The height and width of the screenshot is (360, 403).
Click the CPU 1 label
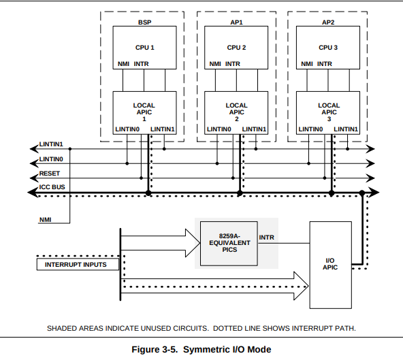(x=145, y=48)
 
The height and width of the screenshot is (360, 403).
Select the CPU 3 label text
(x=328, y=48)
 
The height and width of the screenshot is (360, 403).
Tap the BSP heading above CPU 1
(x=145, y=22)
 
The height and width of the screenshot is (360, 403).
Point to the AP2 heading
(x=328, y=22)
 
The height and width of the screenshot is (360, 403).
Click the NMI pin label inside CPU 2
(x=215, y=64)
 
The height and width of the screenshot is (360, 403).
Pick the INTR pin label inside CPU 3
(x=324, y=64)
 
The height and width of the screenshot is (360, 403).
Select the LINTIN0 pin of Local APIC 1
(x=127, y=129)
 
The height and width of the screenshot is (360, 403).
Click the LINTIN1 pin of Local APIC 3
(x=346, y=129)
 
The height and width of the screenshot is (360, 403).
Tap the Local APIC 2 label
(x=236, y=112)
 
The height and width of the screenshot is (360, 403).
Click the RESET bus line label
(x=49, y=174)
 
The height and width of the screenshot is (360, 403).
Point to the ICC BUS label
(x=52, y=187)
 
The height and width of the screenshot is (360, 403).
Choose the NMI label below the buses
(x=45, y=220)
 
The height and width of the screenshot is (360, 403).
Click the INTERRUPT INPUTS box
(x=78, y=265)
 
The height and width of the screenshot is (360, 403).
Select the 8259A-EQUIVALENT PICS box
(x=229, y=243)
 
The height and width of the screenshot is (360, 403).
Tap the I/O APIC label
(x=330, y=264)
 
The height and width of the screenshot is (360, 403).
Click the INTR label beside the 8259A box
(x=267, y=238)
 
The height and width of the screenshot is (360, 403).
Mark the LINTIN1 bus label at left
(x=51, y=144)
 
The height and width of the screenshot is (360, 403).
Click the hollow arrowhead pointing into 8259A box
(x=193, y=243)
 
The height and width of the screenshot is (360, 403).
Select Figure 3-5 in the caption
(x=155, y=350)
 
